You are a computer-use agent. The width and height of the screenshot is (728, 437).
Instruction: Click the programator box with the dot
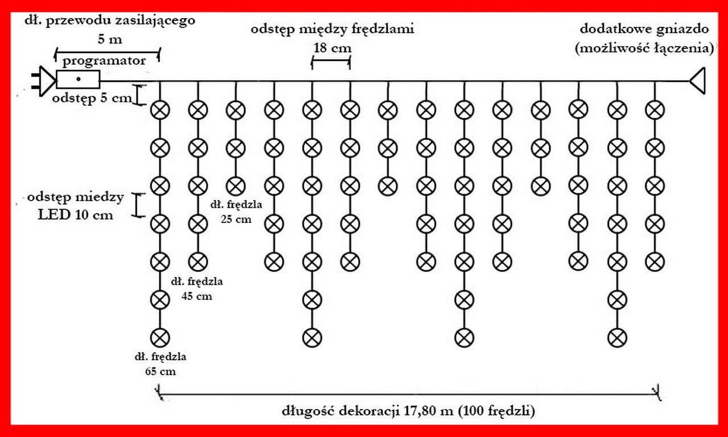(x=78, y=79)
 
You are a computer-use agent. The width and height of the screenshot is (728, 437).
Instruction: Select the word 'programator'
(x=104, y=60)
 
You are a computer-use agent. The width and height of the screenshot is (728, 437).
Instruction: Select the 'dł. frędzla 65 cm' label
(x=161, y=364)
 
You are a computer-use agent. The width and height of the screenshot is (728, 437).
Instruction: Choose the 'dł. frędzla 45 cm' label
(x=197, y=288)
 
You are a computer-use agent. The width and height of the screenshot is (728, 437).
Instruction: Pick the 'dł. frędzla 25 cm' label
(x=235, y=211)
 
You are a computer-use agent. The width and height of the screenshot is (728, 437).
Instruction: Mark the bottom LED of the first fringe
(x=160, y=337)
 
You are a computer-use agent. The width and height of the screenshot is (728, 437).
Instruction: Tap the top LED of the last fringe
(x=655, y=109)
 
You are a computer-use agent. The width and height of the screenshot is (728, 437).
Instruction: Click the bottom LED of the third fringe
(x=235, y=185)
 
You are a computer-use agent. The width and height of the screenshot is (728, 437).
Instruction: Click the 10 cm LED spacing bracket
(x=137, y=205)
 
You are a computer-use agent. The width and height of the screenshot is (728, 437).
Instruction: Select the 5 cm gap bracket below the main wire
(x=137, y=94)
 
